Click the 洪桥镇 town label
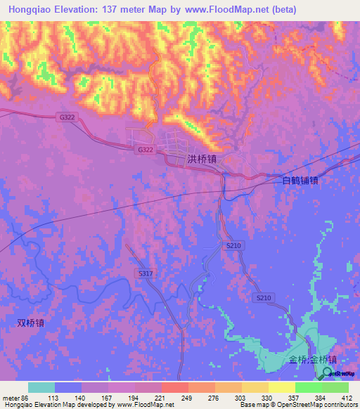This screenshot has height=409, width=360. [202, 160]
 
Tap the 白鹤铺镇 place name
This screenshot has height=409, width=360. [300, 180]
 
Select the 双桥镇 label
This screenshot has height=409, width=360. [31, 323]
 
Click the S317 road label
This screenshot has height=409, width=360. [146, 273]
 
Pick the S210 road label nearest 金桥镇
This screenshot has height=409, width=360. [264, 299]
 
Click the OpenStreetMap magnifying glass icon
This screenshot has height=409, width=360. [328, 372]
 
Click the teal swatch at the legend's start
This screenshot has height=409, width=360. [41, 387]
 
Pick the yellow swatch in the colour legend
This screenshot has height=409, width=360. [281, 387]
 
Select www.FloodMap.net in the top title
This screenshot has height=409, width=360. [215, 9]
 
